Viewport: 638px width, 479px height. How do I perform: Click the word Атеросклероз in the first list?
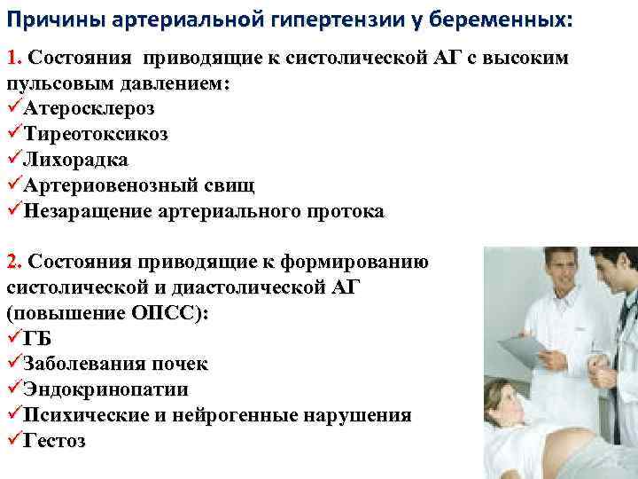89,109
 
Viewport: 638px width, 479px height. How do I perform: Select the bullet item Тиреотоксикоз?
96,135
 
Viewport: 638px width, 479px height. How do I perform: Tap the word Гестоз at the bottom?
55,441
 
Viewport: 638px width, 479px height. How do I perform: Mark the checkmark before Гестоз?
13,441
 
